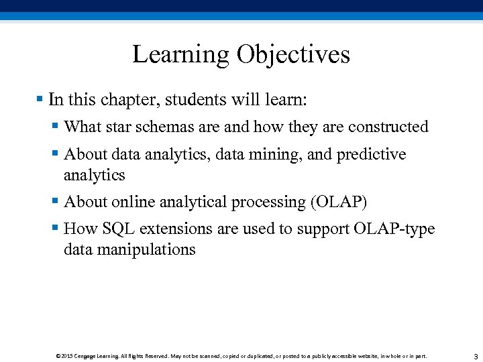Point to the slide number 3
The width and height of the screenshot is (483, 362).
coord(475,355)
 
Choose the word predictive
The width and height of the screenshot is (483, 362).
coord(371,154)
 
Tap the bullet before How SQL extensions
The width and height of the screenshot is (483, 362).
coord(55,229)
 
